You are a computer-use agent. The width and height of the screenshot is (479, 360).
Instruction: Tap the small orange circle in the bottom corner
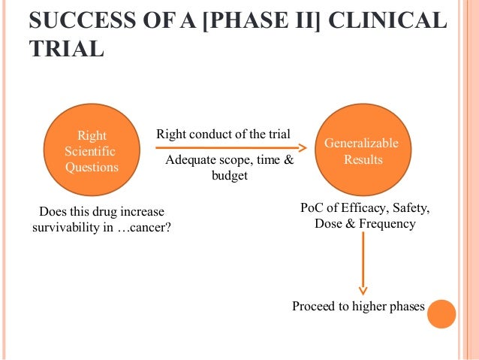point(442,313)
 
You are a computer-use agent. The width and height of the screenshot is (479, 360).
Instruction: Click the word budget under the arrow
point(229,176)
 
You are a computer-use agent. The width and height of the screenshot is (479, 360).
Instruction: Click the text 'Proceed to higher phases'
point(358,307)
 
